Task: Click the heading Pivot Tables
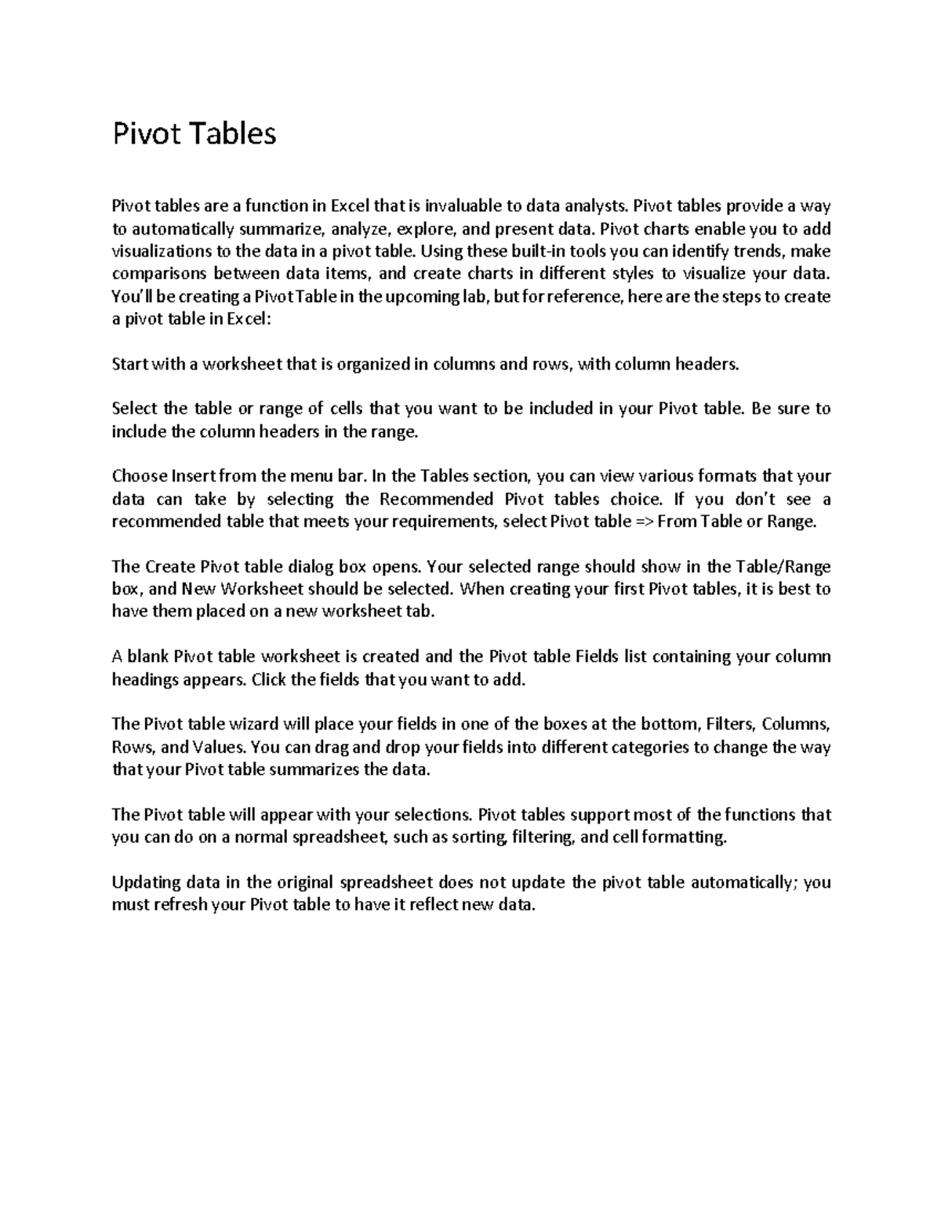[x=194, y=134]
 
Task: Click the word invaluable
[x=463, y=206]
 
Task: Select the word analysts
[x=597, y=206]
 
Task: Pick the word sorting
[x=480, y=837]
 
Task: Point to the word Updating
[x=147, y=882]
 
